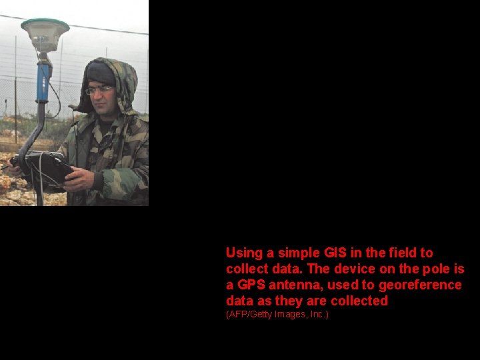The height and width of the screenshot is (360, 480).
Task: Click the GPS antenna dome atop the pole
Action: click(45, 31)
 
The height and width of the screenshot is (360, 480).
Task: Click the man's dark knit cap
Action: click(100, 73)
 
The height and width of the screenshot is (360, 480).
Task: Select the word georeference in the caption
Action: click(420, 285)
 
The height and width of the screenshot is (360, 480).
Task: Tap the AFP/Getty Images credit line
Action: click(277, 314)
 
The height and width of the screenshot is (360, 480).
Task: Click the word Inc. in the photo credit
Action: click(317, 314)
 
